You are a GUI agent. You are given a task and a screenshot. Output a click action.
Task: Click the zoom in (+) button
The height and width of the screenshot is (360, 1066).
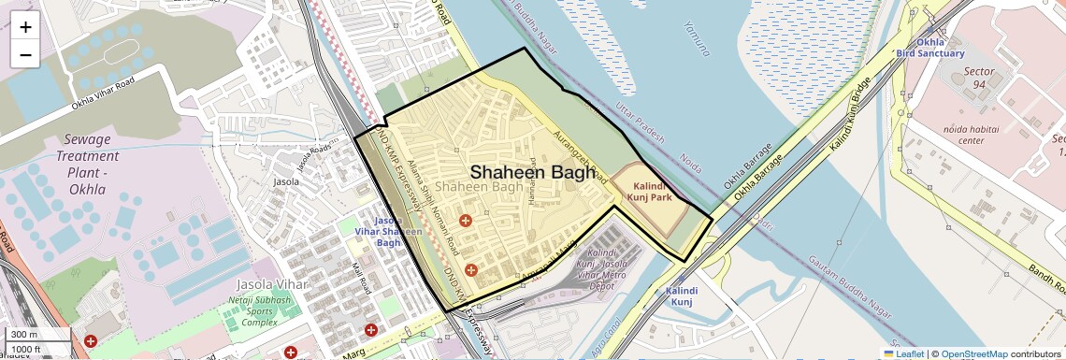click(25, 27)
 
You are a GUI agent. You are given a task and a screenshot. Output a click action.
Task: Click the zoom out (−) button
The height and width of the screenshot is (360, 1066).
click(25, 54)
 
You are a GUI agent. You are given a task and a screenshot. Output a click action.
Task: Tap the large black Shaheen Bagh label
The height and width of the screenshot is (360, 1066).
click(531, 172)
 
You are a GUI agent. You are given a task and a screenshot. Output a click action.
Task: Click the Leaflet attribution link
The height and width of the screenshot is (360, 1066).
click(903, 353)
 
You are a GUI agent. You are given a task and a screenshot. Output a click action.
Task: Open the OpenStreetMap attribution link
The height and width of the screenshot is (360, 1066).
click(973, 353)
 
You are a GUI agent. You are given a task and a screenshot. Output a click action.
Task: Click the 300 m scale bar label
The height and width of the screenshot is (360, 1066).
click(25, 334)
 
